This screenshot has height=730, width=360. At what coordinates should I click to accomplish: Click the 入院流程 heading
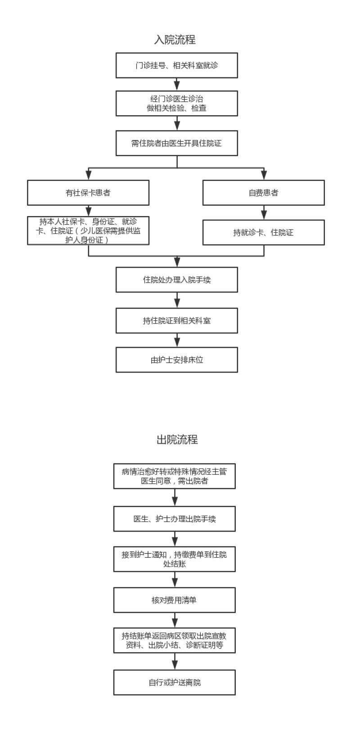pyautogui.click(x=175, y=40)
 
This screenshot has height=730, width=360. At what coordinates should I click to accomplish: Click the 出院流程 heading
pyautogui.click(x=177, y=440)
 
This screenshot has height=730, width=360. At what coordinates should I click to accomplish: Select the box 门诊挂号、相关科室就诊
pyautogui.click(x=177, y=66)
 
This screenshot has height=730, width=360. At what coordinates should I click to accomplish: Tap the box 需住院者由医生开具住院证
pyautogui.click(x=177, y=144)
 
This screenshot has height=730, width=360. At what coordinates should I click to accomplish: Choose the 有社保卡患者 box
pyautogui.click(x=88, y=193)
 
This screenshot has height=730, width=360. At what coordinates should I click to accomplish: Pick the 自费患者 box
pyautogui.click(x=264, y=193)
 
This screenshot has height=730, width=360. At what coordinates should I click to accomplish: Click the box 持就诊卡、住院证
pyautogui.click(x=264, y=232)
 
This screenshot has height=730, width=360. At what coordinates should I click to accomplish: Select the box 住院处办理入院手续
pyautogui.click(x=177, y=280)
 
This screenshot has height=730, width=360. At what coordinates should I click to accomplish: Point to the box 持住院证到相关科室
pyautogui.click(x=177, y=321)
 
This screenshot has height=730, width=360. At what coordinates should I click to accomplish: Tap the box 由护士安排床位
pyautogui.click(x=177, y=360)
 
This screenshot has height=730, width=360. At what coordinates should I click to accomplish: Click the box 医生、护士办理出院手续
pyautogui.click(x=175, y=519)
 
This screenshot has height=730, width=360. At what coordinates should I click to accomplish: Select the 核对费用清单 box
pyautogui.click(x=175, y=600)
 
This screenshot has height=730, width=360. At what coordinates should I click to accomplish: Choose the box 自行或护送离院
pyautogui.click(x=175, y=682)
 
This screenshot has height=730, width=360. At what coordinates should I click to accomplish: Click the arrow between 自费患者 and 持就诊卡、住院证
pyautogui.click(x=264, y=212)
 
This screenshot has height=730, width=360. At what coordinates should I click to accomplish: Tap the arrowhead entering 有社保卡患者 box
pyautogui.click(x=88, y=176)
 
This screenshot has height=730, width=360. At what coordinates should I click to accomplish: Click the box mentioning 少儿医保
pyautogui.click(x=88, y=231)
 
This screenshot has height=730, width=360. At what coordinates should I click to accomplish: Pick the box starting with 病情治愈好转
pyautogui.click(x=175, y=476)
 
